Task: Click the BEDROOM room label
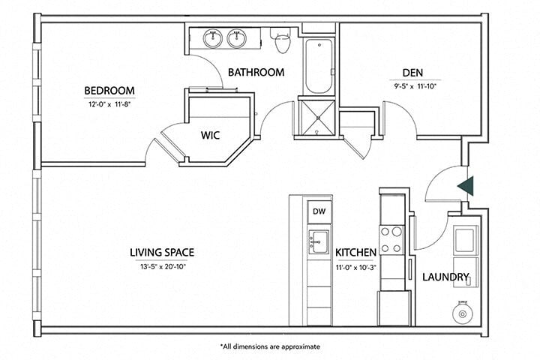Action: point(109,93)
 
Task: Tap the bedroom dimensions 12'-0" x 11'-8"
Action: point(109,106)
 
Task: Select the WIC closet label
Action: point(209,136)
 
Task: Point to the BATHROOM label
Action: point(256,73)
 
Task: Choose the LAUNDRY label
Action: point(445,277)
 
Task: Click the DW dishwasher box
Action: point(318,211)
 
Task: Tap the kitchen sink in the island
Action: point(318,241)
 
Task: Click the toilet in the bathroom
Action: point(283,43)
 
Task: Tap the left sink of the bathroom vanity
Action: point(213,37)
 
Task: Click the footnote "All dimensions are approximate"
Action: point(270,346)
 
